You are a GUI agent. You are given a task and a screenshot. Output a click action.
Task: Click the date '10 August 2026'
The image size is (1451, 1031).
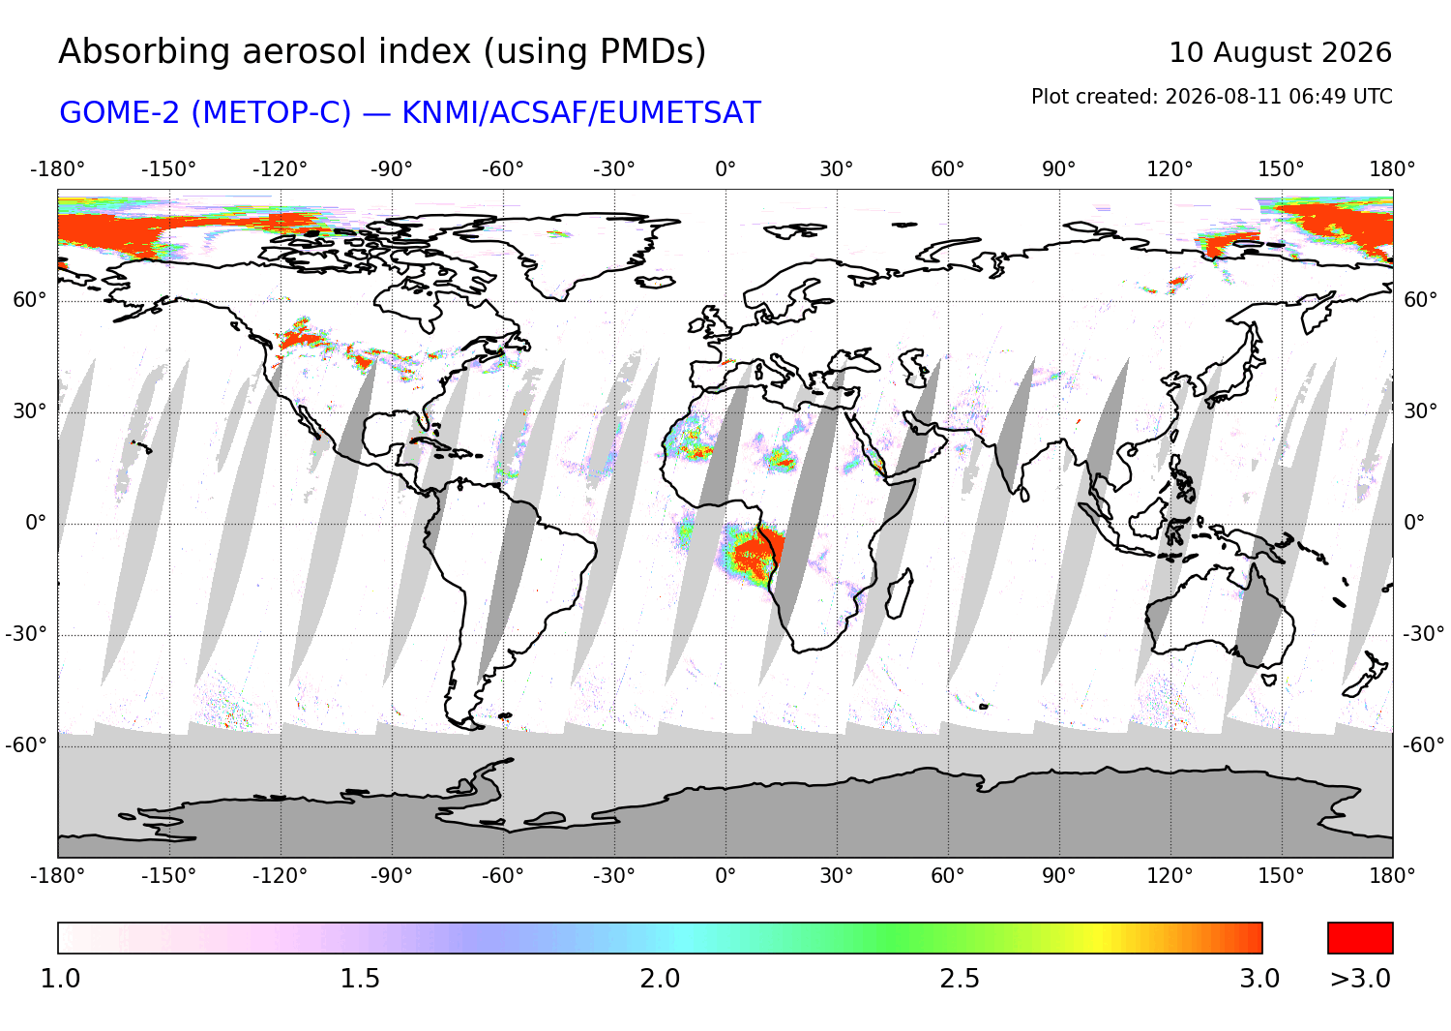1280,52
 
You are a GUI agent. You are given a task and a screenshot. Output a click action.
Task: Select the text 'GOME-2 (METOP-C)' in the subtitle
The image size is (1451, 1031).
205,113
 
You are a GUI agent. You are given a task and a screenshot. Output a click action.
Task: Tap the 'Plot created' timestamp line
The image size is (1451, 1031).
1211,97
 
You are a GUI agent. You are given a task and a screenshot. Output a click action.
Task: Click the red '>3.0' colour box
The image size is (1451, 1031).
1360,938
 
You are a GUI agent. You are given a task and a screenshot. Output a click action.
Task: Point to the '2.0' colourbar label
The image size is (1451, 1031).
660,978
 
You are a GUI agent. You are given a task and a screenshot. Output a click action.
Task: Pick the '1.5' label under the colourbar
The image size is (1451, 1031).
360,978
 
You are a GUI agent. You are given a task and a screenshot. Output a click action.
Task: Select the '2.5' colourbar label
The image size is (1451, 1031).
960,978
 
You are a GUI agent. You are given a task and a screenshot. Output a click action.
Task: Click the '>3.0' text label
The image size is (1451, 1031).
1360,978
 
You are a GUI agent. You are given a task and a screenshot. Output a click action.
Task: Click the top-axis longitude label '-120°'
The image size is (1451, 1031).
280,169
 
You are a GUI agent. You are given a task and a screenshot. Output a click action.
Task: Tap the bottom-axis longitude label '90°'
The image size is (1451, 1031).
1058,876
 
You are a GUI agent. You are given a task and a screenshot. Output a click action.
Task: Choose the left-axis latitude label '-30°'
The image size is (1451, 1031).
26,633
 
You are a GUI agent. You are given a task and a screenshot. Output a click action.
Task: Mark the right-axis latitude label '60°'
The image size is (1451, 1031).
1421,300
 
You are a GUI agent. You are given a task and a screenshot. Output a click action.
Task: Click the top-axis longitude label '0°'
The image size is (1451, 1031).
725,169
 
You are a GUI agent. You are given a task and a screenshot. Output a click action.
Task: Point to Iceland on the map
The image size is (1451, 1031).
655,282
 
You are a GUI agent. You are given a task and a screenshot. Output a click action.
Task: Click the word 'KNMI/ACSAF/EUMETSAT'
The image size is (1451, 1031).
581,113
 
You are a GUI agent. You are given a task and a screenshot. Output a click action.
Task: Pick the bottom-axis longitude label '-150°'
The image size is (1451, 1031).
168,876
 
